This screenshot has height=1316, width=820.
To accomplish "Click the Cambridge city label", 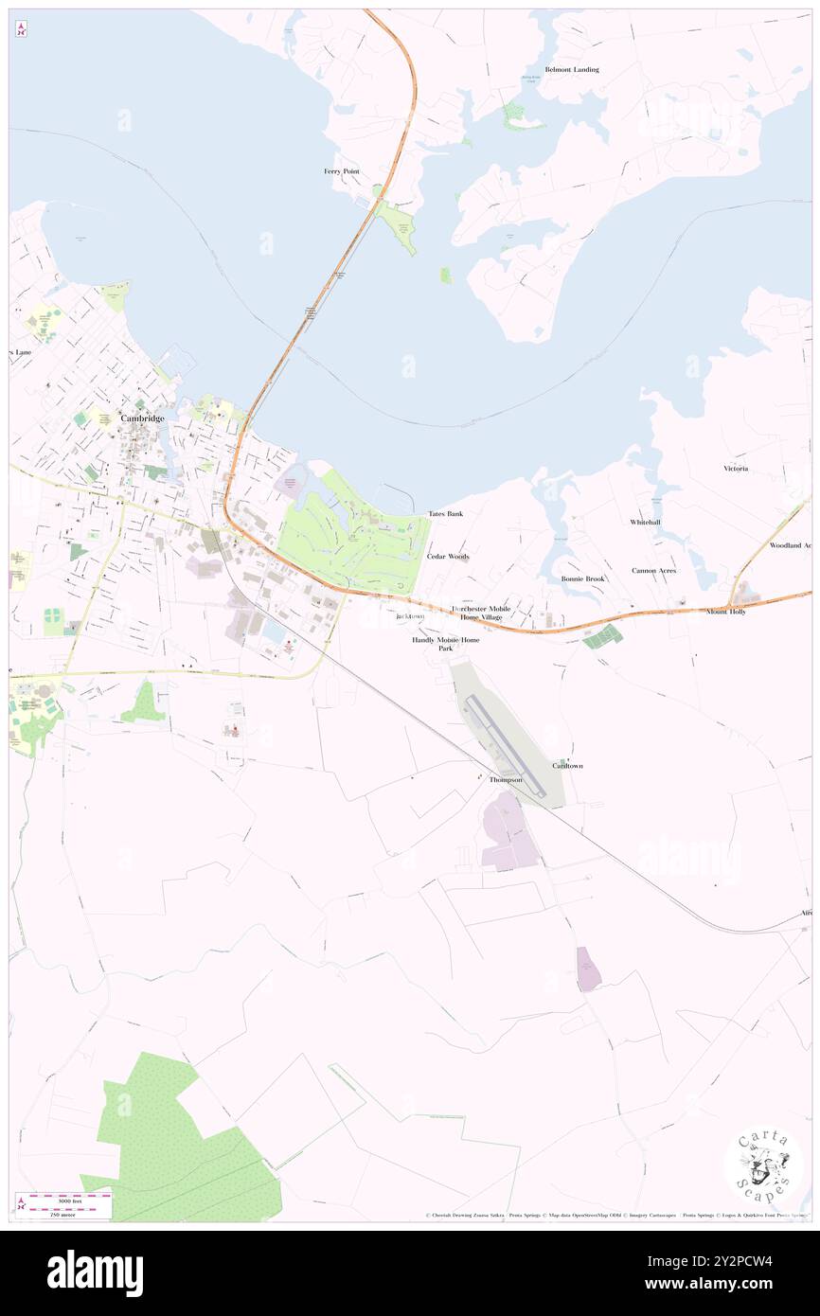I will pos(142,418).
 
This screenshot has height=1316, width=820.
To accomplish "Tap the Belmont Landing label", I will pos(571,70).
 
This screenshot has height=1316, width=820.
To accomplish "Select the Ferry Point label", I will pos(342,171).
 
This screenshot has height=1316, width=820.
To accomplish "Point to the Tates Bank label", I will pos(445,513).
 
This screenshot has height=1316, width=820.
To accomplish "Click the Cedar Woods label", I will pos(448,557).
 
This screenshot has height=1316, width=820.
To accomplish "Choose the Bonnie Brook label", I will pos(582,578).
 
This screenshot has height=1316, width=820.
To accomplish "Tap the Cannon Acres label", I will pos(654,571).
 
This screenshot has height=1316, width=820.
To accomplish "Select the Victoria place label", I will pos(736,469).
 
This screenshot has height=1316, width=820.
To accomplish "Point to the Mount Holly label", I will pos(726,612).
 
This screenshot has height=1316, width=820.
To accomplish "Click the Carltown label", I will pos(568,765).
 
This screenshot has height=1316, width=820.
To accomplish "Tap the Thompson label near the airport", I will pos(506,779).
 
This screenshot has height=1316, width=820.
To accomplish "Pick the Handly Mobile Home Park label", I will pos(445,644).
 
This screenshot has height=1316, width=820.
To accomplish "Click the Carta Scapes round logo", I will pos(763,1167).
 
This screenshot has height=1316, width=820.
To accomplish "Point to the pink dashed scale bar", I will pos(64,1197).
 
